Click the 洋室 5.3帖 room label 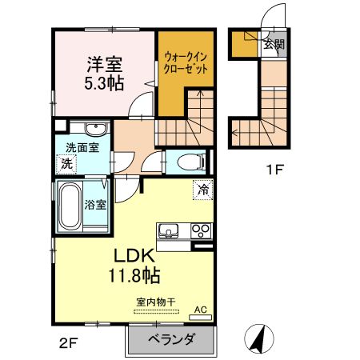105,72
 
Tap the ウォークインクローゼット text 187,63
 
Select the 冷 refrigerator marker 203,190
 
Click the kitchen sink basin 170,232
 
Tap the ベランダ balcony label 171,340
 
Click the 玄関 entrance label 273,45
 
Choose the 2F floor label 66,345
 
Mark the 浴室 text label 96,204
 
